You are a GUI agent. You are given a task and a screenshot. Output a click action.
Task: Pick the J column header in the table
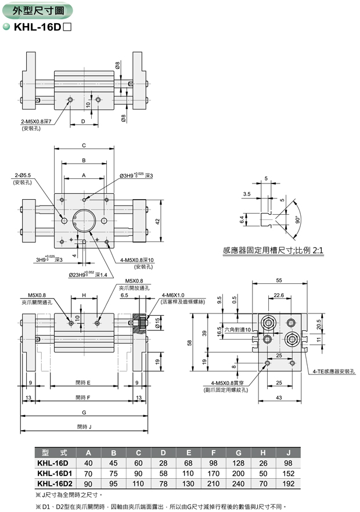288,452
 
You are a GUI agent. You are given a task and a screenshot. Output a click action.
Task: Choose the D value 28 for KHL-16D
163,463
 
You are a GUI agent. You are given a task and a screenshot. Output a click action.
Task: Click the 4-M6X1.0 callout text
174,295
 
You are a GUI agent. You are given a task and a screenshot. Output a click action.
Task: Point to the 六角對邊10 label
237,330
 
